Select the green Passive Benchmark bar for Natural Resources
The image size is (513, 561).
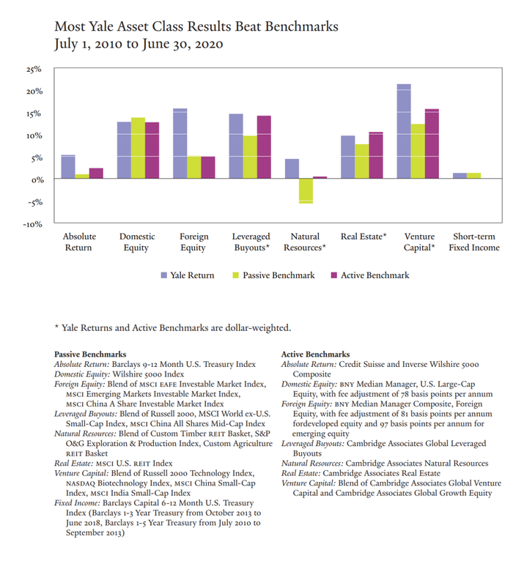tap(306, 190)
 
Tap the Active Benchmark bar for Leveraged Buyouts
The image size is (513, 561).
tap(264, 147)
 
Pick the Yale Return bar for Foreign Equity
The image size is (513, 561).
tap(180, 144)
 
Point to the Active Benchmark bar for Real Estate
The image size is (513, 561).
tap(376, 155)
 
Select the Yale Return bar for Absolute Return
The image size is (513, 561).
tap(67, 167)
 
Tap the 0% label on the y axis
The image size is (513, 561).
tap(36, 179)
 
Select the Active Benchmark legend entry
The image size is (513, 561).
tap(370, 275)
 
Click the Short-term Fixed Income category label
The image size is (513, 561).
tap(476, 242)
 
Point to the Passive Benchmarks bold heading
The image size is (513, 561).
tap(90, 354)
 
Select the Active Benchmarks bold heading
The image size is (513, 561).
tap(315, 354)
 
